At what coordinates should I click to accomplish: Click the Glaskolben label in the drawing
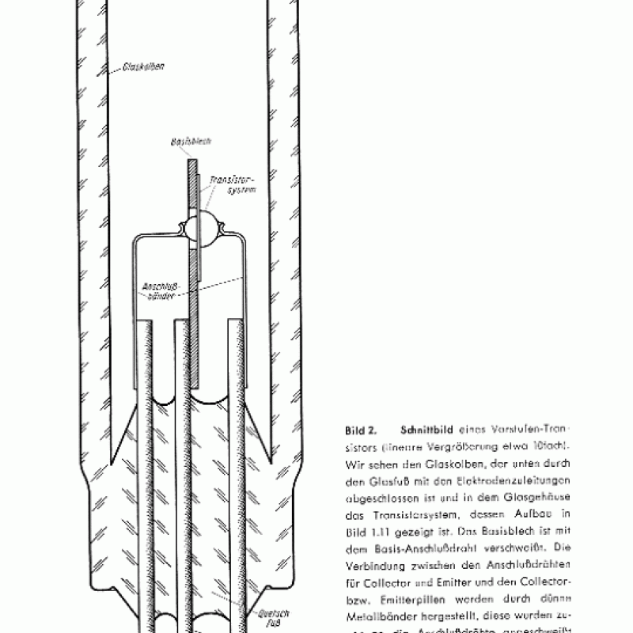point(143,67)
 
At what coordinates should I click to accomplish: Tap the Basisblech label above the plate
point(190,143)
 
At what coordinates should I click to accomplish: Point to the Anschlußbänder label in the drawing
point(157,290)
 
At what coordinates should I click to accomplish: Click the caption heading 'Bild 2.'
point(361,431)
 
